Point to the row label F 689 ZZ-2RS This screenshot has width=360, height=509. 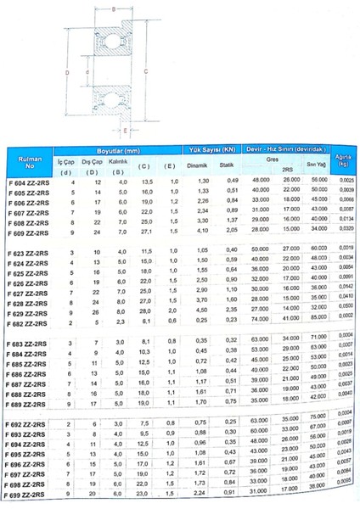pos(29,406)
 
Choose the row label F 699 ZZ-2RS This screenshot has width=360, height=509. pos(27,494)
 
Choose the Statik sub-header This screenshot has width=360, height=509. pos(227,166)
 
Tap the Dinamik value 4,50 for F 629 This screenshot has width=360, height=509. pos(201,313)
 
